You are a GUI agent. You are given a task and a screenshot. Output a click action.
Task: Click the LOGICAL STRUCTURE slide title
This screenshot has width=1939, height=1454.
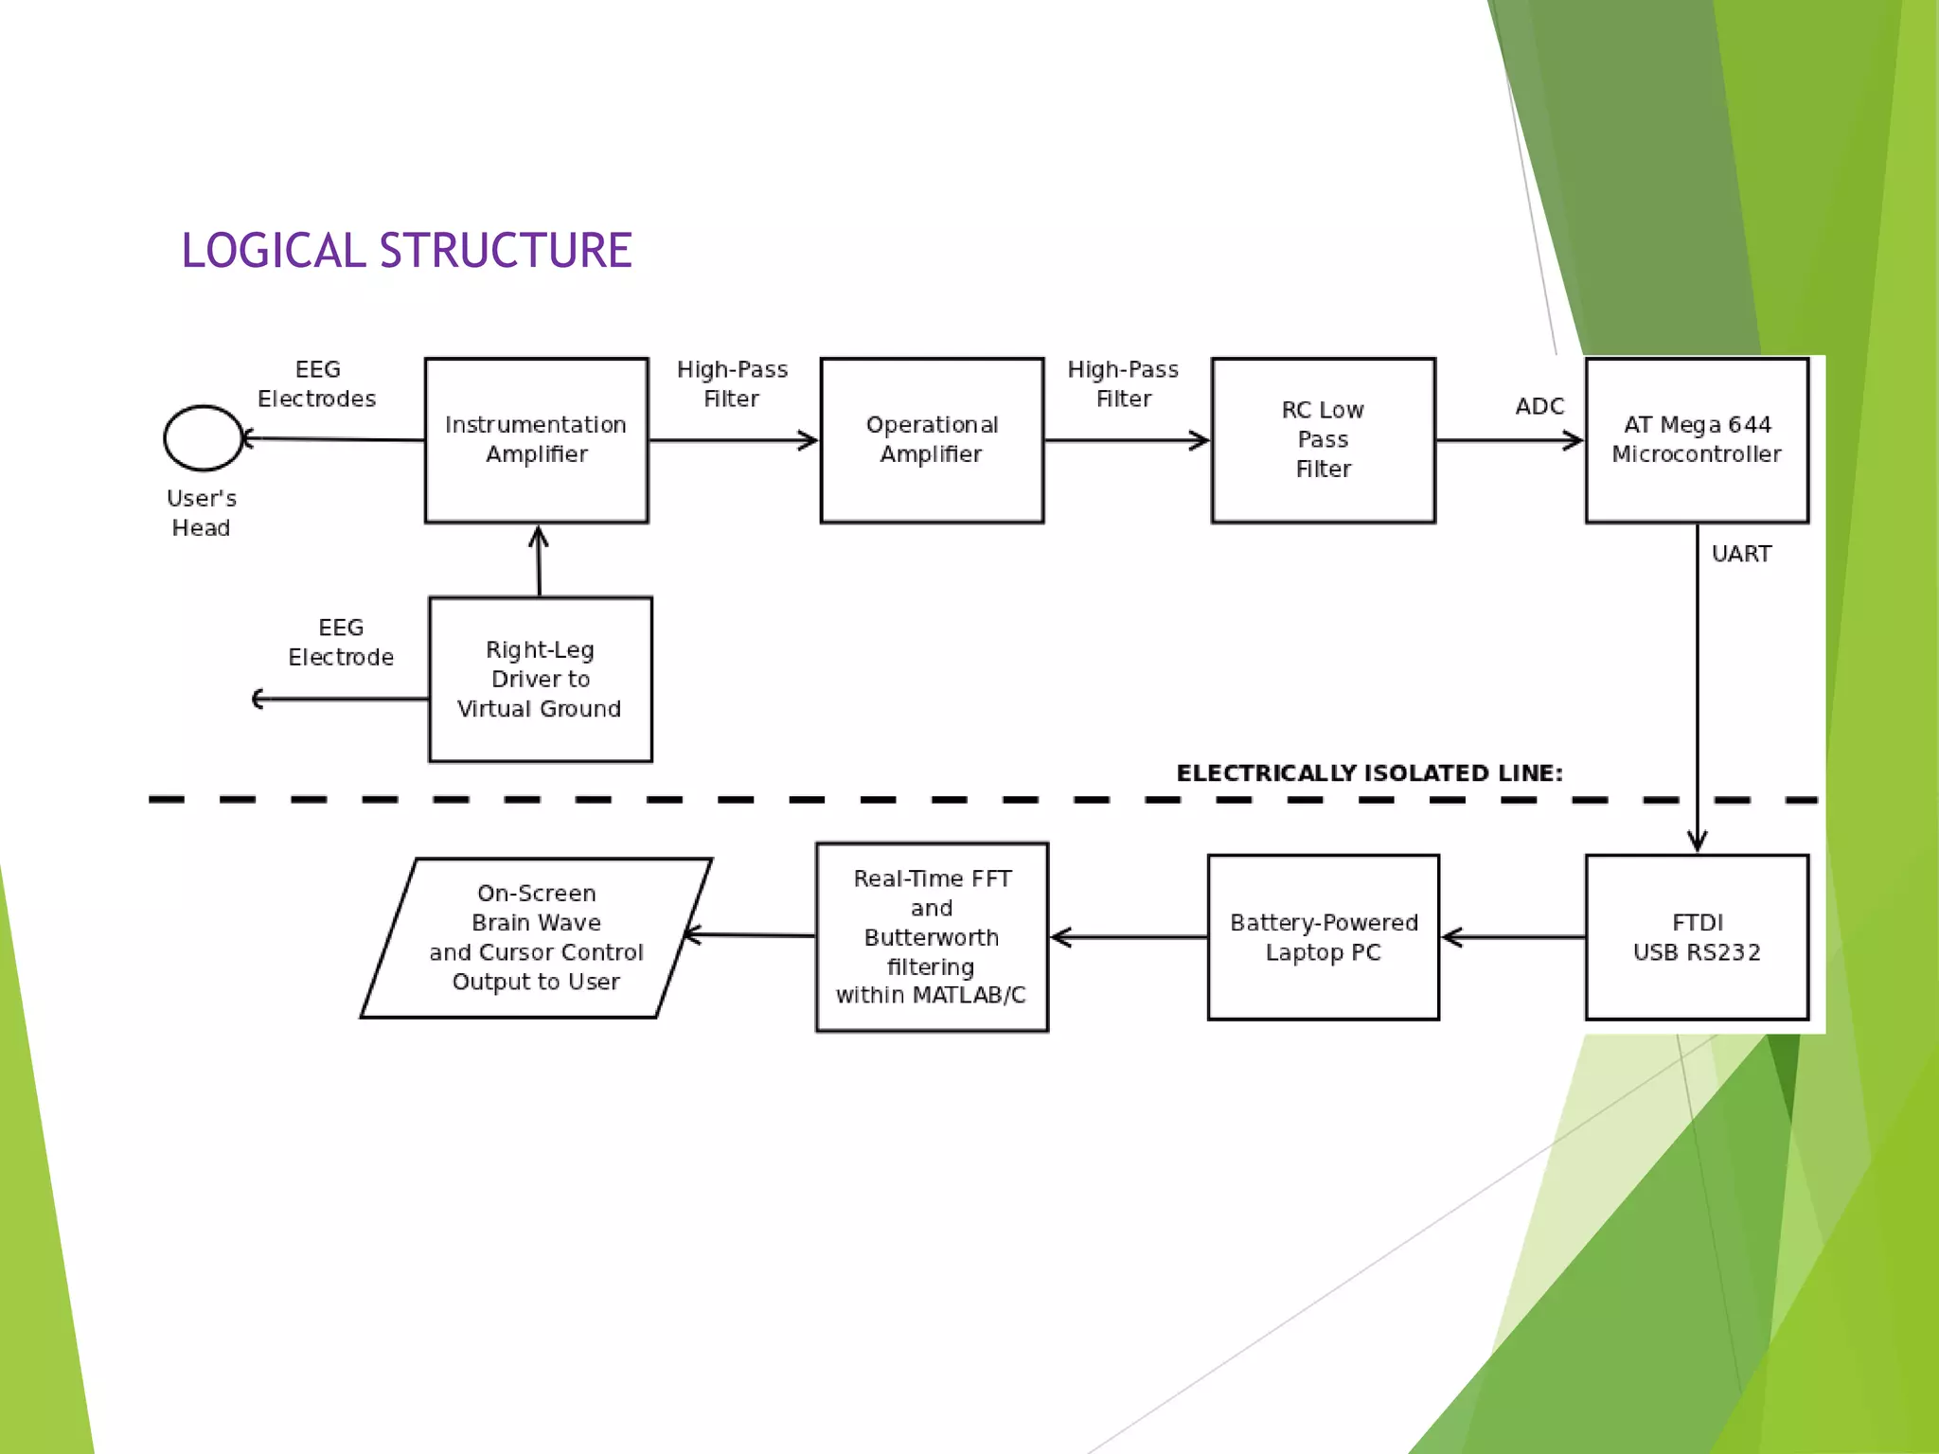(406, 251)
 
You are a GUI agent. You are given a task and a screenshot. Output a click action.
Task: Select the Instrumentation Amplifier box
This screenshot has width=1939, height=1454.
(536, 439)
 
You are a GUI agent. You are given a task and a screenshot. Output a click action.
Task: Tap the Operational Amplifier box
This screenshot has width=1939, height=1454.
(932, 439)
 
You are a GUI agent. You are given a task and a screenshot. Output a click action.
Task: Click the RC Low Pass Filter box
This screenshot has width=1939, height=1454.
(1323, 439)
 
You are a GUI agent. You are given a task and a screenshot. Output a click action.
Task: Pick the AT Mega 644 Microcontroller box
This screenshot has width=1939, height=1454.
(1697, 439)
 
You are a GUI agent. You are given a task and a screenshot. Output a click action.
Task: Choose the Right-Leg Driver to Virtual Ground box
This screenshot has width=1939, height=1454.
(540, 679)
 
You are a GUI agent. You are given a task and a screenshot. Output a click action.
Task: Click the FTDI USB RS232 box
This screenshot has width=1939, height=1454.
(1697, 937)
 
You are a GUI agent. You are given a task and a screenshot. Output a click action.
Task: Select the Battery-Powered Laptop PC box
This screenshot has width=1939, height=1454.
(1323, 937)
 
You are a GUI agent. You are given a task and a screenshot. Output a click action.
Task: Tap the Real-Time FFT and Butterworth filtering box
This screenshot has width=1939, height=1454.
(932, 936)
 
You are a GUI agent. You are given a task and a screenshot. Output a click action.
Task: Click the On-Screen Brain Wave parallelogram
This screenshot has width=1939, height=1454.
(536, 937)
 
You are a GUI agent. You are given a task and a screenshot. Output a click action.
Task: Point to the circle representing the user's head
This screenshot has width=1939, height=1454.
(203, 438)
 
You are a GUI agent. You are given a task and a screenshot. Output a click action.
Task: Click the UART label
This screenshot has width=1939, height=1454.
(1741, 554)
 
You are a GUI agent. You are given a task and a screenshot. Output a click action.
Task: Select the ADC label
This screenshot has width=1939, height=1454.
(1539, 406)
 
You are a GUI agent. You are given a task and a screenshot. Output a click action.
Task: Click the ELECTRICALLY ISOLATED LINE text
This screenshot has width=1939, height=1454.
(1369, 773)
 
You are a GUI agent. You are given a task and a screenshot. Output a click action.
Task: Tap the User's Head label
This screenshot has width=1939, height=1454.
(201, 512)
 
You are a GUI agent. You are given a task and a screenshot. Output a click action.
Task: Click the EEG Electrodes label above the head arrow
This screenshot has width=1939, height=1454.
(317, 383)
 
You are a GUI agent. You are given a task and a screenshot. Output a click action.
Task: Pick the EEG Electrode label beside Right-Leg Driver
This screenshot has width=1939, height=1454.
(341, 642)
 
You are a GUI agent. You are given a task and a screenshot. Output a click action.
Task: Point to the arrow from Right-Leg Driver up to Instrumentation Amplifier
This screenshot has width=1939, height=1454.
(539, 560)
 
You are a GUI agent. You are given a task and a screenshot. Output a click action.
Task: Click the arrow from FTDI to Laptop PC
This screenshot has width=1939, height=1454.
(1513, 937)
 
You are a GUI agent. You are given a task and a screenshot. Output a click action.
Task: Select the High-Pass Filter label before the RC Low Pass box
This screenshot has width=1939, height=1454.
(1123, 383)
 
